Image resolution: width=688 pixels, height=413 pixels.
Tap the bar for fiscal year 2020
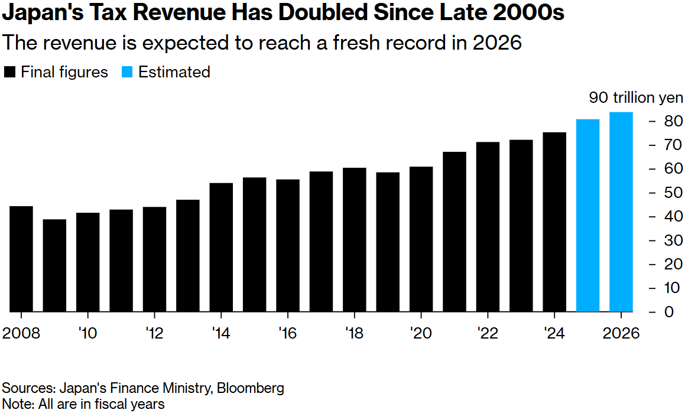[421, 239]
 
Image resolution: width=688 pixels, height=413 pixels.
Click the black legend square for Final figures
[9, 72]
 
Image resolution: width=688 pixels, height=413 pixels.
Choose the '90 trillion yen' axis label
[636, 97]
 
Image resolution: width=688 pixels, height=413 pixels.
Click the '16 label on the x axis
[287, 334]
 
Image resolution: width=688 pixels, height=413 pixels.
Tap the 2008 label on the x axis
[21, 334]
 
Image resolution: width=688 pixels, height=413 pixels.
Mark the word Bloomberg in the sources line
[251, 388]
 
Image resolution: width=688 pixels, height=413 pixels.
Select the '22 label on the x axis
[487, 334]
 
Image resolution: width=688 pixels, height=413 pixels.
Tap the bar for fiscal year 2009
[54, 265]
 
